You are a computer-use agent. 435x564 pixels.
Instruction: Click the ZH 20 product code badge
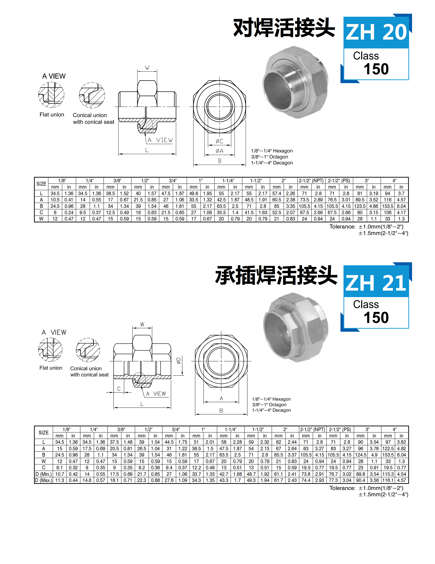tap(376, 32)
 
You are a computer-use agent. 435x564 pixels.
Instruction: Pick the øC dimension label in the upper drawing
tap(219, 141)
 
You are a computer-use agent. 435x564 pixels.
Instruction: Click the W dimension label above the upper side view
tap(147, 68)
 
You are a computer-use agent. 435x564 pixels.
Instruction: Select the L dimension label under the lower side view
tap(142, 404)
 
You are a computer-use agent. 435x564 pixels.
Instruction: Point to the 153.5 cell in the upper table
tap(387, 206)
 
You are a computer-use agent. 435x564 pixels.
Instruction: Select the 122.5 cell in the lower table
tap(388, 449)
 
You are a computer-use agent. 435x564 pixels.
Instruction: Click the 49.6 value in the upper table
tap(194, 193)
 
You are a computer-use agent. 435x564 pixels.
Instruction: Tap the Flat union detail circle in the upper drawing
tap(51, 95)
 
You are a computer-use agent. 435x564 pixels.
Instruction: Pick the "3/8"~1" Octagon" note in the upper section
tap(270, 157)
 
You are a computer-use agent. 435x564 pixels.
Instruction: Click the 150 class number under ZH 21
tap(376, 317)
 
